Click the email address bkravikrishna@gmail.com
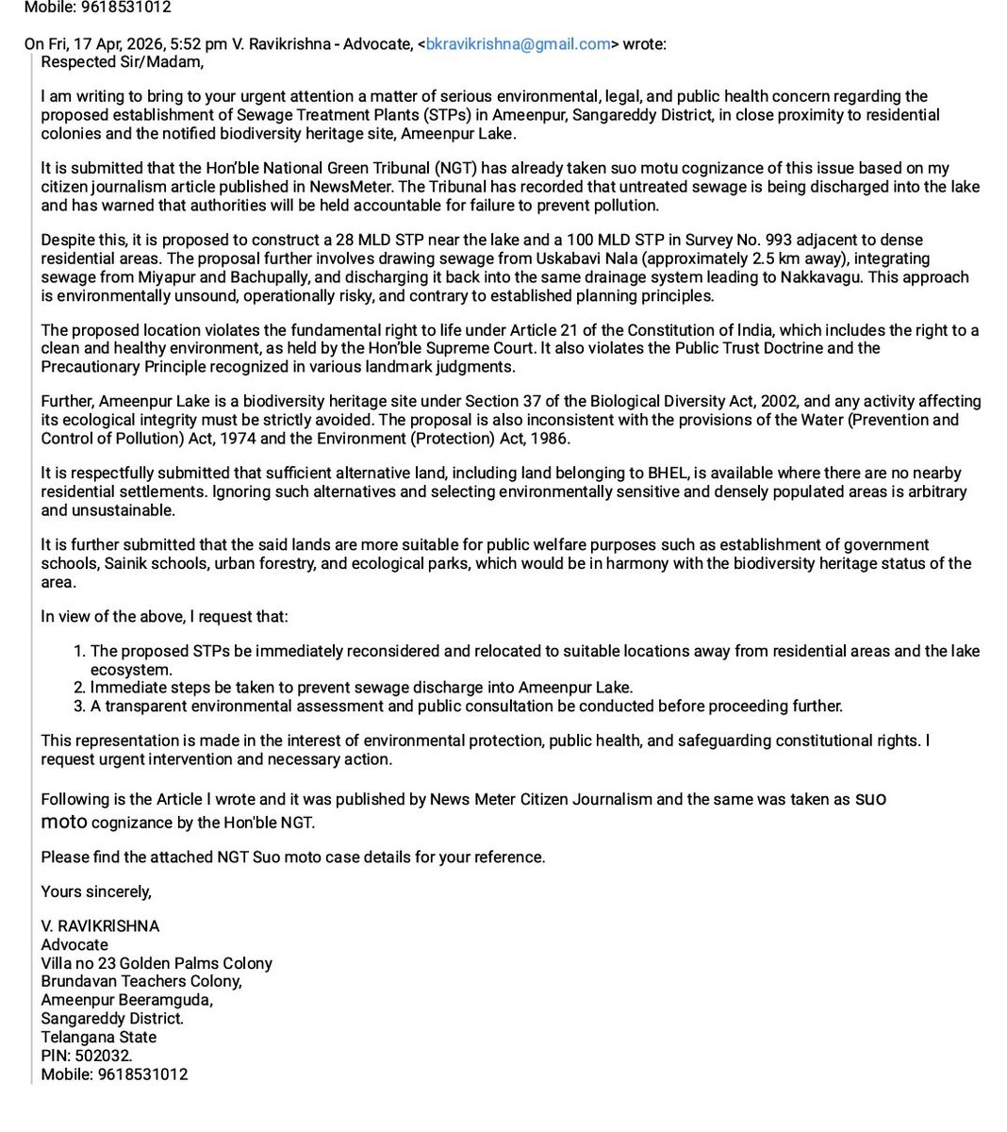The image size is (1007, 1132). pyautogui.click(x=518, y=44)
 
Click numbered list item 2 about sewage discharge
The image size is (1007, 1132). pyautogui.click(x=361, y=688)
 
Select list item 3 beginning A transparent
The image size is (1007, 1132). pyautogui.click(x=466, y=706)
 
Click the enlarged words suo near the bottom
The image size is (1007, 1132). pyautogui.click(x=870, y=799)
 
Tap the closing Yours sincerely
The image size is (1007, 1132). pyautogui.click(x=96, y=891)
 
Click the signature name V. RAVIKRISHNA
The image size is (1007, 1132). pyautogui.click(x=100, y=926)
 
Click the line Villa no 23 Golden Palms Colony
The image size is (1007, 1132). pyautogui.click(x=157, y=963)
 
